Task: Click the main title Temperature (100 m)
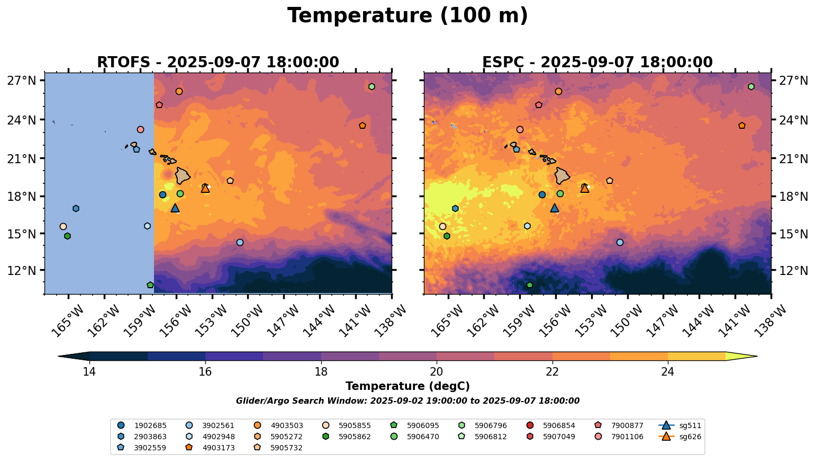click(408, 16)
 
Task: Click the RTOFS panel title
click(218, 63)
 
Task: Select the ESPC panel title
click(597, 63)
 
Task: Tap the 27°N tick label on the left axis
click(22, 81)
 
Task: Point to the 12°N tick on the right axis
click(794, 271)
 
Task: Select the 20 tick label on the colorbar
click(437, 371)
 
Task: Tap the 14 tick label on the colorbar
click(89, 371)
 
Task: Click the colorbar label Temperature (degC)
click(408, 387)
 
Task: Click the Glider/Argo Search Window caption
click(408, 401)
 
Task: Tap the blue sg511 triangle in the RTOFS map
click(175, 208)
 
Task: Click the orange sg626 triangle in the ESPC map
click(585, 188)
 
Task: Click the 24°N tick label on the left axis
click(22, 120)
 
